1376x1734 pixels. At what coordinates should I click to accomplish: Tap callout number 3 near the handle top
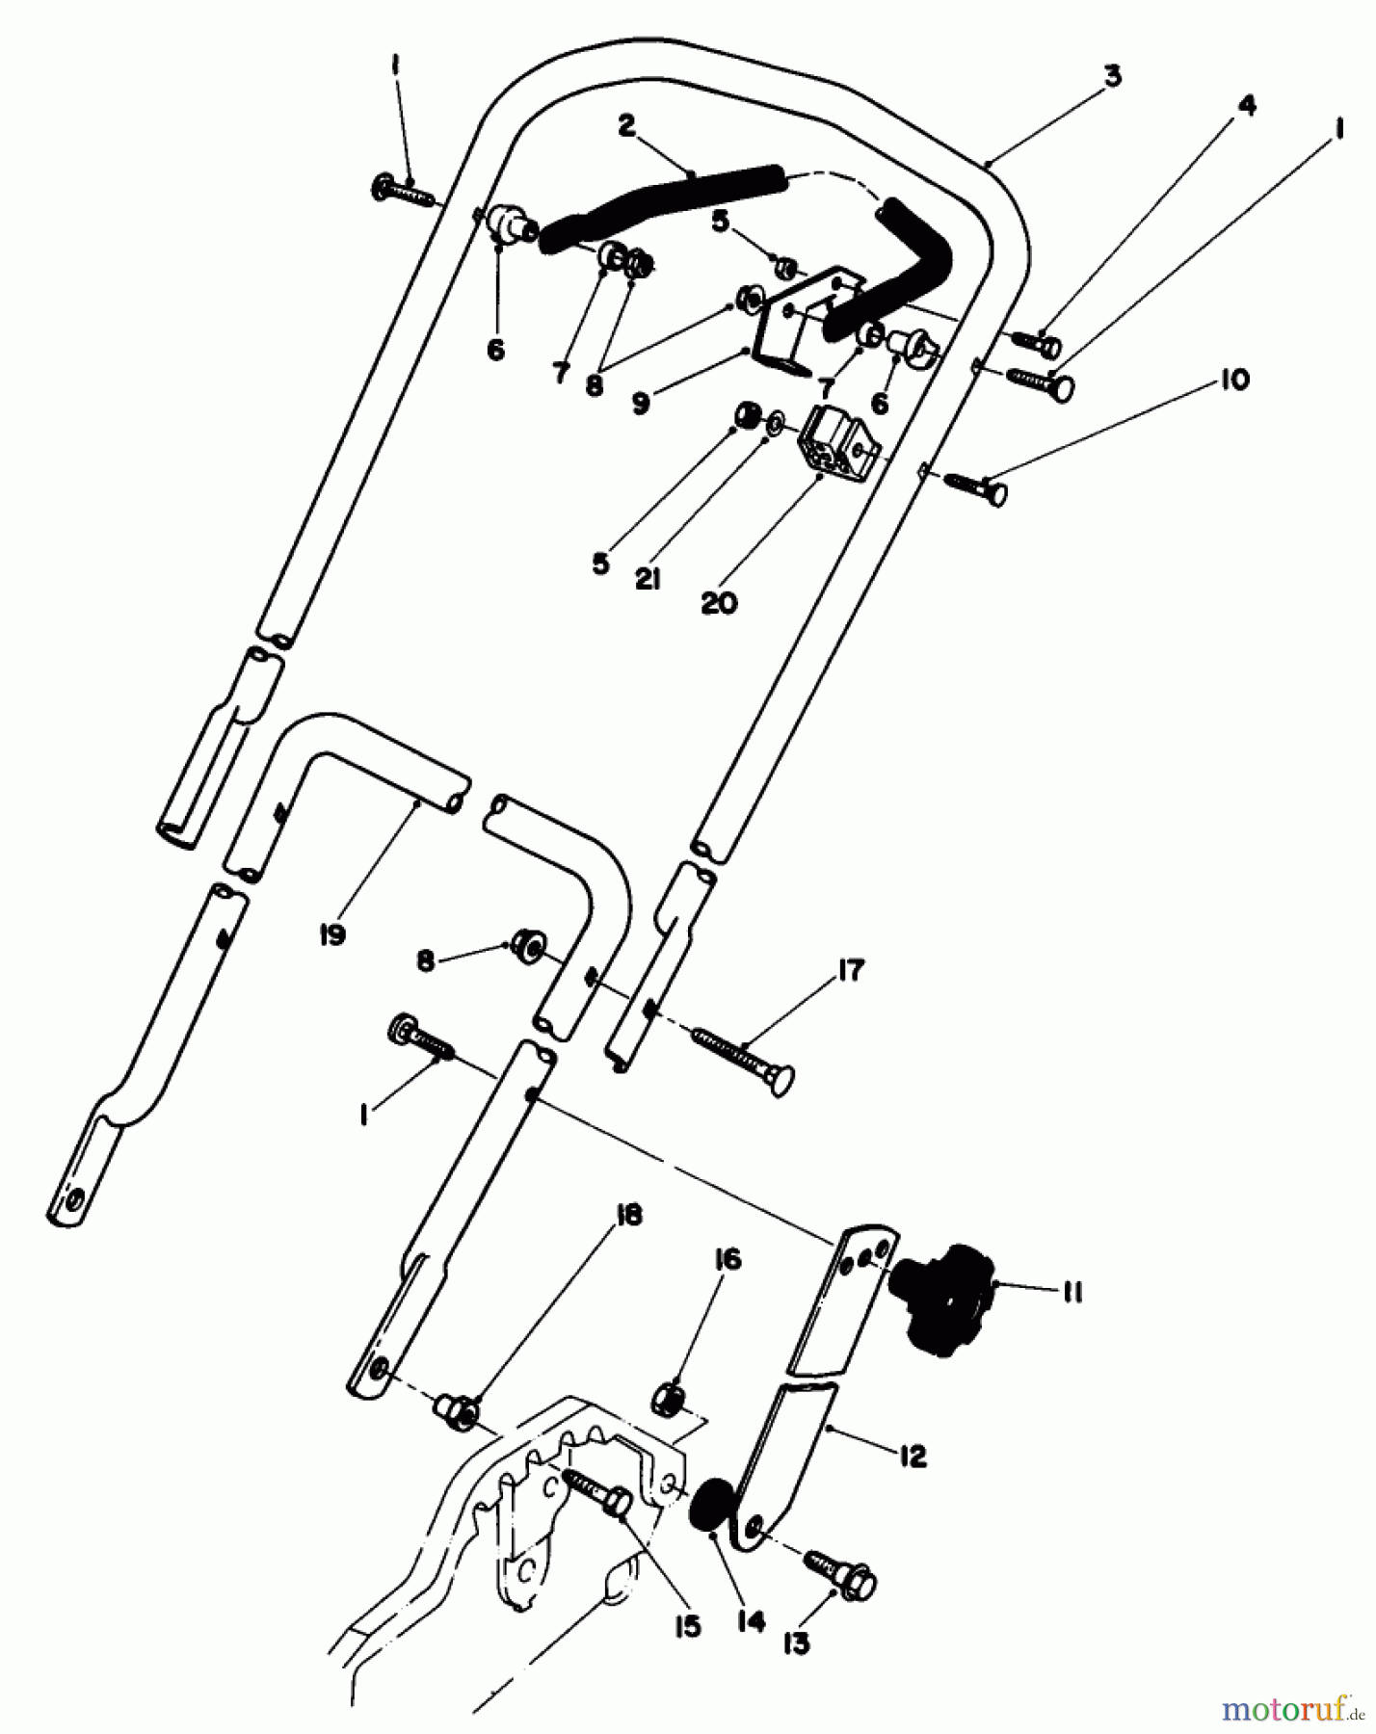click(1112, 76)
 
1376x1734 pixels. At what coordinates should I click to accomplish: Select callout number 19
click(332, 933)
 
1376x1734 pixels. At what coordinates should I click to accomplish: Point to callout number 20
click(719, 603)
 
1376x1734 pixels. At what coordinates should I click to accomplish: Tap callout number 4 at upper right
click(1247, 106)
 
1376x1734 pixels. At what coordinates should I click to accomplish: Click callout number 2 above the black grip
click(627, 126)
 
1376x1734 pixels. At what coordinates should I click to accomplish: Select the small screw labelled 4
click(1036, 342)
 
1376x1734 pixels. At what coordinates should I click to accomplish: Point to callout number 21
click(648, 580)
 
